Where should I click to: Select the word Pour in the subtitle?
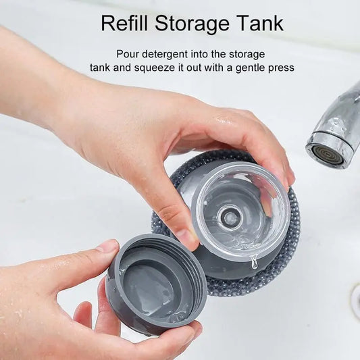128,53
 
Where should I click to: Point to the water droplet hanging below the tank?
254,263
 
